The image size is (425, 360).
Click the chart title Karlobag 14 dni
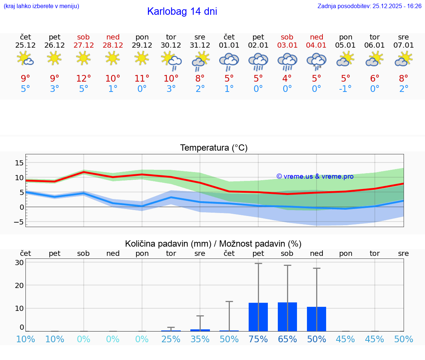click(x=182, y=11)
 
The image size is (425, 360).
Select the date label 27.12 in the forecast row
click(x=83, y=45)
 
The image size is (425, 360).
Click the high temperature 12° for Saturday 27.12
click(x=83, y=79)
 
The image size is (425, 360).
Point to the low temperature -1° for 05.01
click(x=345, y=89)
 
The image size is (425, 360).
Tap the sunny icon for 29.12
click(x=142, y=58)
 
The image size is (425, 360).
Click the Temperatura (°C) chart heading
click(x=214, y=148)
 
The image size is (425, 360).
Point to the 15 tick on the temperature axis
click(x=19, y=163)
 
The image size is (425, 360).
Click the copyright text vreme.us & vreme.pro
click(x=315, y=176)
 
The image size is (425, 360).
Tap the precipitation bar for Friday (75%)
click(x=258, y=317)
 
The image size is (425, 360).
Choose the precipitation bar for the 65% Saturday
click(x=287, y=317)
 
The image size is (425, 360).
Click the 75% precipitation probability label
click(x=258, y=339)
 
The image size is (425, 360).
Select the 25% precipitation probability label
click(x=171, y=339)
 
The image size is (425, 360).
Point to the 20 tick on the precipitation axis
click(x=19, y=285)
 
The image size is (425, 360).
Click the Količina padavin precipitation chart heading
click(x=213, y=244)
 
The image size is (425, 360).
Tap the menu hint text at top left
click(x=41, y=6)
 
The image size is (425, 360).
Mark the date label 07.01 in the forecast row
click(x=404, y=45)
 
